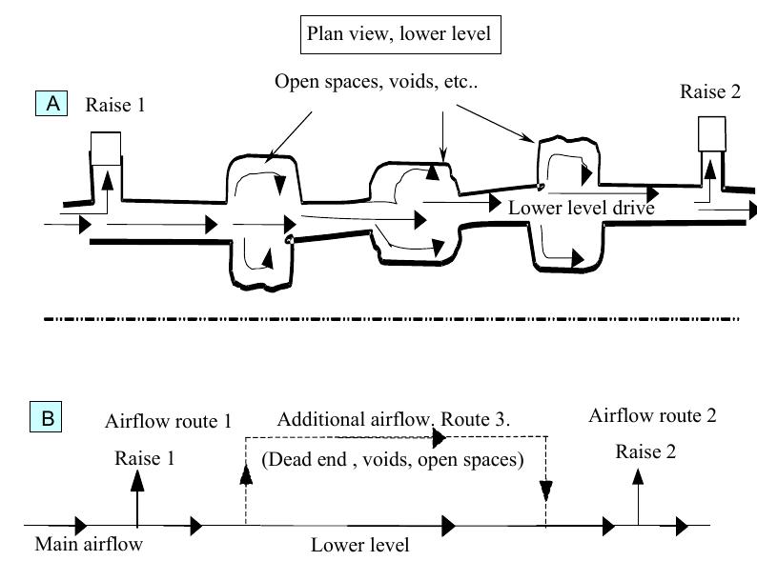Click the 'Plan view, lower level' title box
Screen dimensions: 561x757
click(399, 36)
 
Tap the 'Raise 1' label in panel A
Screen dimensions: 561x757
click(115, 105)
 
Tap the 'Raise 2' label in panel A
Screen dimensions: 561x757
click(710, 91)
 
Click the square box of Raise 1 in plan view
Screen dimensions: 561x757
click(105, 148)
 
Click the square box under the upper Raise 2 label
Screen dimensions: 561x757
click(711, 134)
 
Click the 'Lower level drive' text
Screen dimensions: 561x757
click(582, 207)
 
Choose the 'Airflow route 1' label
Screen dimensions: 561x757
click(169, 420)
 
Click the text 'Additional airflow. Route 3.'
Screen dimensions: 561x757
click(395, 420)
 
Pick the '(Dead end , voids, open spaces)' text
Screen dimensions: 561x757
click(392, 459)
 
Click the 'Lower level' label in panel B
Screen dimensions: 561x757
click(359, 545)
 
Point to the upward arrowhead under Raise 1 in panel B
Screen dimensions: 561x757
click(137, 480)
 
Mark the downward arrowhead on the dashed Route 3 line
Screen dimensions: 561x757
click(545, 491)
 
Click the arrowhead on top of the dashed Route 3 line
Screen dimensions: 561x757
click(439, 437)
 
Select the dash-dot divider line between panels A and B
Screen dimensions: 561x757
click(391, 318)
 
